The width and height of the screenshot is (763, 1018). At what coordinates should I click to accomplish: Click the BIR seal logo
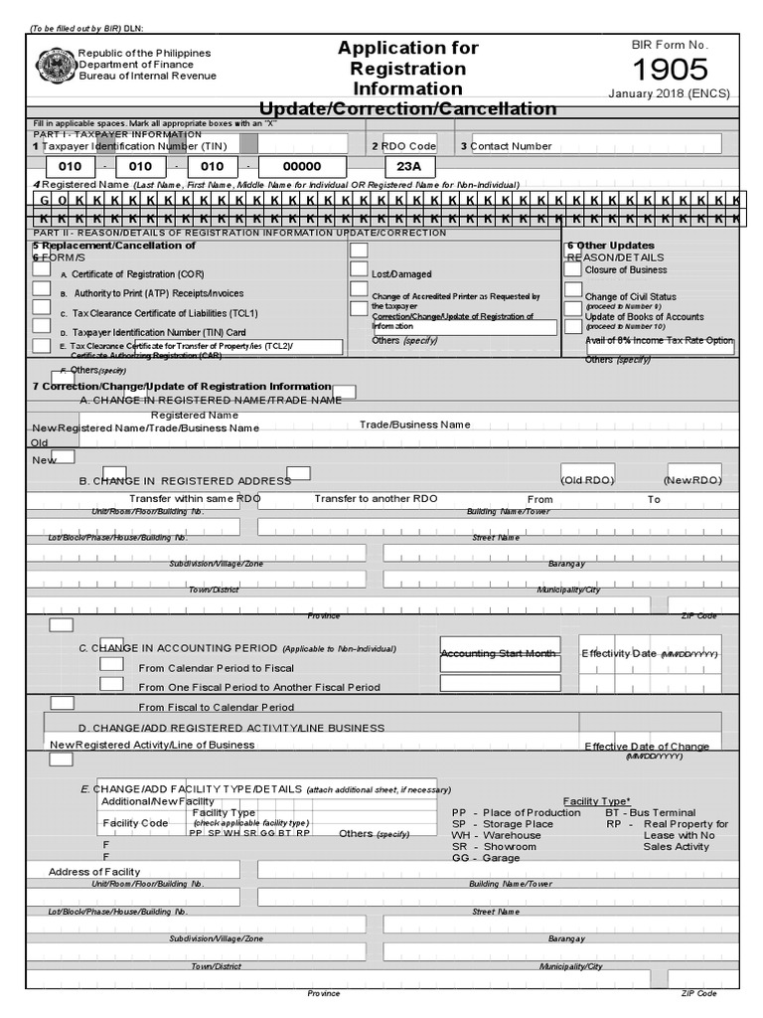click(x=55, y=65)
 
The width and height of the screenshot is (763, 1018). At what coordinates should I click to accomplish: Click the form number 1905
click(x=671, y=70)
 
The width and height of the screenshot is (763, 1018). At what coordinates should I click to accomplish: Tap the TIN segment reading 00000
click(x=302, y=167)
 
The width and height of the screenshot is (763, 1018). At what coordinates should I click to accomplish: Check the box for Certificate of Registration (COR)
click(x=42, y=268)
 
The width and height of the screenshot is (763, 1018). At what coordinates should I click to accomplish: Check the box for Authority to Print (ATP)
click(x=42, y=288)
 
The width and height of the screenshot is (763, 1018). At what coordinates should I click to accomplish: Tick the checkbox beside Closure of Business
click(x=573, y=268)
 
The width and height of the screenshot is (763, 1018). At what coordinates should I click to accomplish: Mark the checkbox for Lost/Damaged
click(x=359, y=268)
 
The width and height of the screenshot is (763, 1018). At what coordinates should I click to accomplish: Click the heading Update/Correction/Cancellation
click(x=407, y=108)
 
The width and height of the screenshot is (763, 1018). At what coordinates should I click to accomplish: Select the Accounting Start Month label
click(x=498, y=653)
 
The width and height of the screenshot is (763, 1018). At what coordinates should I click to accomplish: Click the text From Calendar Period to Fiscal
click(x=216, y=668)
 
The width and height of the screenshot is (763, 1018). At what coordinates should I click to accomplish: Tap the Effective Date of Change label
click(x=647, y=747)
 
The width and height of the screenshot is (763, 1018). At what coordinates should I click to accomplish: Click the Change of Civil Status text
click(x=630, y=296)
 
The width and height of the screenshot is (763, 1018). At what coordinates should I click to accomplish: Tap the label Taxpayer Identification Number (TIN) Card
click(x=159, y=332)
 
